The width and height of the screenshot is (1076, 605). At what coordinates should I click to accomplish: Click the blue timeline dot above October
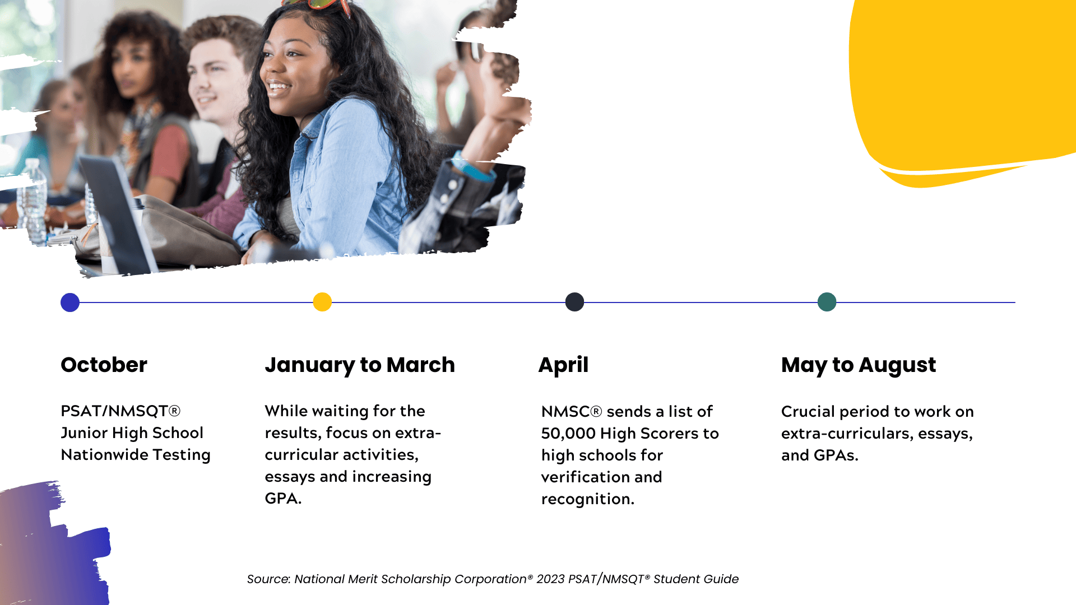[70, 302]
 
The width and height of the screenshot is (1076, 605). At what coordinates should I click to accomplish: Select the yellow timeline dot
[322, 302]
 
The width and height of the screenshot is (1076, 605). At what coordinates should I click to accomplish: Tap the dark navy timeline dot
[574, 302]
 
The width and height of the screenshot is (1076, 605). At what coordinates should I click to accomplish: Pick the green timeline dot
[827, 302]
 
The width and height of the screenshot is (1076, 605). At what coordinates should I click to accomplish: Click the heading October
[104, 365]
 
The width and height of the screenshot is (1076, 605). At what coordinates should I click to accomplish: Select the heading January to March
[359, 365]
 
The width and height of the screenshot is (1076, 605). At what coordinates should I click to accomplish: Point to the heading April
[563, 365]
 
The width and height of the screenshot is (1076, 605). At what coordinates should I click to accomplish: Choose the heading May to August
[858, 365]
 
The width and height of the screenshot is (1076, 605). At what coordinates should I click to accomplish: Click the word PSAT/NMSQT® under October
[120, 411]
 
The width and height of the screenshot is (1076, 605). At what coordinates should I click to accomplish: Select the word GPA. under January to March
[283, 499]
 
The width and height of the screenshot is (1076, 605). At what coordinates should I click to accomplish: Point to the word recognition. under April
[587, 499]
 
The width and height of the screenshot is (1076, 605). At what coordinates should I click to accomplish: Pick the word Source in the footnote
[268, 579]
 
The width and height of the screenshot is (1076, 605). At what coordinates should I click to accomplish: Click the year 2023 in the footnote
[550, 579]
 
